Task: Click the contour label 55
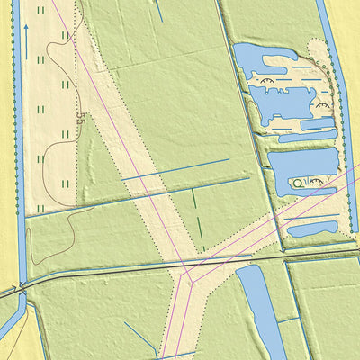81,118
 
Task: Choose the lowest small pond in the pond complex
311,228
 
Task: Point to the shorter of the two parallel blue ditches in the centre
175,169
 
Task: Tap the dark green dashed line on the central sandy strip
197,216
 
